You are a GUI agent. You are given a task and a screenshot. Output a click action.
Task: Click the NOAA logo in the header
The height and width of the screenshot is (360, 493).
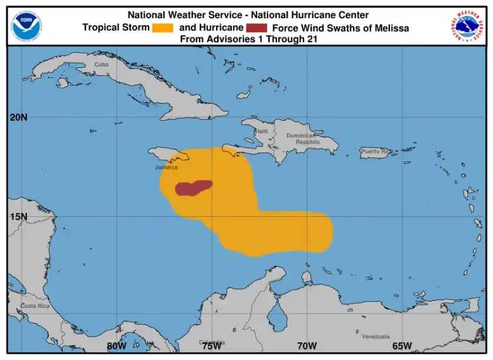tap(26, 25)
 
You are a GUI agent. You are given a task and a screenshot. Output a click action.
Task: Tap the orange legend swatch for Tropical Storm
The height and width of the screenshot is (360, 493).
tap(162, 28)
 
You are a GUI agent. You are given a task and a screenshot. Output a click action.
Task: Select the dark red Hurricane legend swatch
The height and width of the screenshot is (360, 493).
tap(256, 28)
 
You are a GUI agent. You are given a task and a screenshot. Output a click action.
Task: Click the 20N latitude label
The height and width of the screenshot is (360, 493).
tap(19, 117)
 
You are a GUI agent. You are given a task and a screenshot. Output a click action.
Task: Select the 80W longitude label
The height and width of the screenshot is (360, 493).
tap(116, 345)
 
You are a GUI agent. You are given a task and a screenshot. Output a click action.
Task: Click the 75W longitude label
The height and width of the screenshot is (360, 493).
tap(211, 345)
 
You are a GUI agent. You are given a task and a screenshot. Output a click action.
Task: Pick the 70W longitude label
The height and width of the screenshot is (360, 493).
tap(307, 345)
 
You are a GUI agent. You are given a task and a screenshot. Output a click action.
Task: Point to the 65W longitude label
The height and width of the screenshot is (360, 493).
tap(402, 345)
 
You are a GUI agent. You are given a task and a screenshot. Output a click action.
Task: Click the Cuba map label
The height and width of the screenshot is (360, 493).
tap(102, 64)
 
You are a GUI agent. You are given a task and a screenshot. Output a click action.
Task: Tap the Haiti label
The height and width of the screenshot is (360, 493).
tap(261, 131)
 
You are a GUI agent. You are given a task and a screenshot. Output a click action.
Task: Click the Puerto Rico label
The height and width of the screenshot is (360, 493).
tap(376, 151)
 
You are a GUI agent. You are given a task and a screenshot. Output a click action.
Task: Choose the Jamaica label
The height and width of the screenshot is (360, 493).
tap(166, 167)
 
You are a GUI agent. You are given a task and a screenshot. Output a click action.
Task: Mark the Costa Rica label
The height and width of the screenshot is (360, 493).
tap(35, 306)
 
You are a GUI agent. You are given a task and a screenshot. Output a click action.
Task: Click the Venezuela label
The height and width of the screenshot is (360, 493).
tap(375, 337)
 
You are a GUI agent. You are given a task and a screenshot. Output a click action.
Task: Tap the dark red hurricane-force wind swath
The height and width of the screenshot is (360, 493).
tap(192, 188)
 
